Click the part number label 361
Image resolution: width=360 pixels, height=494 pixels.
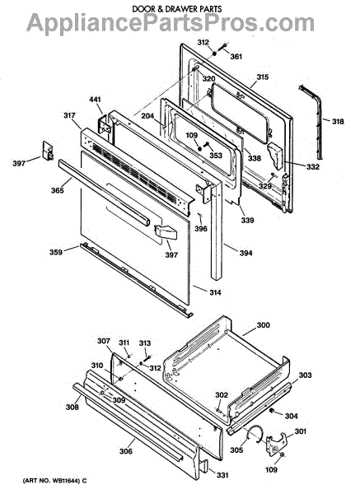pyautogui.click(x=236, y=56)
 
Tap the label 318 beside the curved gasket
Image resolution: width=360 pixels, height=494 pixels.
pyautogui.click(x=338, y=121)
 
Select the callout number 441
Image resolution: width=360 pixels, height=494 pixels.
pyautogui.click(x=95, y=100)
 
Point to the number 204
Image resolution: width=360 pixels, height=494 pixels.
pyautogui.click(x=147, y=116)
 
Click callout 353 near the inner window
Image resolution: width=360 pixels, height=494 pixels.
pyautogui.click(x=216, y=156)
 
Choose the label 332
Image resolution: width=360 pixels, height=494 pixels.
pyautogui.click(x=313, y=166)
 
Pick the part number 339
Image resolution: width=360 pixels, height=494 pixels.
pyautogui.click(x=247, y=220)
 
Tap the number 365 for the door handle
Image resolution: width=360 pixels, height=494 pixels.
pyautogui.click(x=58, y=190)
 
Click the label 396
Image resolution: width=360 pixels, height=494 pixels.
pyautogui.click(x=201, y=228)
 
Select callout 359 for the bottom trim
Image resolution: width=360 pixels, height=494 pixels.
pyautogui.click(x=55, y=252)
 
